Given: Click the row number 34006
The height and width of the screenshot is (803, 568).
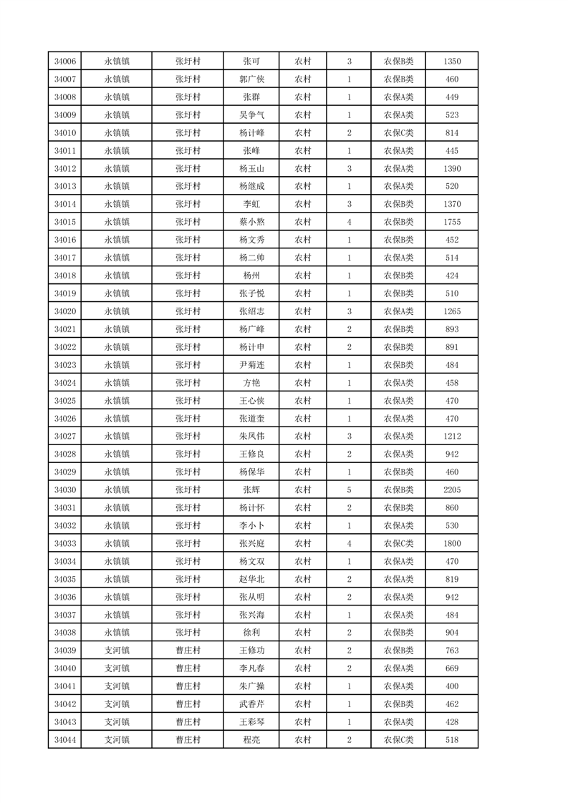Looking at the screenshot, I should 64,62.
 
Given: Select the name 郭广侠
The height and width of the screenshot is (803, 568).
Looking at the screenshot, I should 251,79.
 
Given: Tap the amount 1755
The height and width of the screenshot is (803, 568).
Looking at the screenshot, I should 451,223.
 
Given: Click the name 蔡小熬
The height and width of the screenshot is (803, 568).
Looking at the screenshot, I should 251,223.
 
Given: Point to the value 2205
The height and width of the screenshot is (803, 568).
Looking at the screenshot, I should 451,490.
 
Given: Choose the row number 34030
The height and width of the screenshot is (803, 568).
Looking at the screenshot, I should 64,490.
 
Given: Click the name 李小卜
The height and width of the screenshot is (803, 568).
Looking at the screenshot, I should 251,526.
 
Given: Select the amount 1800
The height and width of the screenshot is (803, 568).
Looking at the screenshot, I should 451,544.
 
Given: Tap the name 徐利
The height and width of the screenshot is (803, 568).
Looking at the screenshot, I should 251,633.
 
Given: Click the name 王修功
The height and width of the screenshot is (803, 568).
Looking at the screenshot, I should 251,651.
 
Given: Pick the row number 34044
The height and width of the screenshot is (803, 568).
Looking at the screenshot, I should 64,740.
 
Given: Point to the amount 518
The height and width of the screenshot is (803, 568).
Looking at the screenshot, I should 451,740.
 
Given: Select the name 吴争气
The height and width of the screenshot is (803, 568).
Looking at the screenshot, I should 251,115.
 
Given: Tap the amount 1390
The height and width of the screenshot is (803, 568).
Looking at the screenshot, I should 451,169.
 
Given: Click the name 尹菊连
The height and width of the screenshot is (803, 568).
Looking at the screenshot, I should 251,365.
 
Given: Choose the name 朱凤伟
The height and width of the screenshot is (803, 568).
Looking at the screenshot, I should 251,437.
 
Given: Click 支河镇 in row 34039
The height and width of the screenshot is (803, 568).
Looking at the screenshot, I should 117,651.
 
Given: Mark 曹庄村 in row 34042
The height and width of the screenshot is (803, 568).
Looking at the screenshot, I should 188,704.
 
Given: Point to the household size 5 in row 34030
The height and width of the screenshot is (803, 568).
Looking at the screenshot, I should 349,490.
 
